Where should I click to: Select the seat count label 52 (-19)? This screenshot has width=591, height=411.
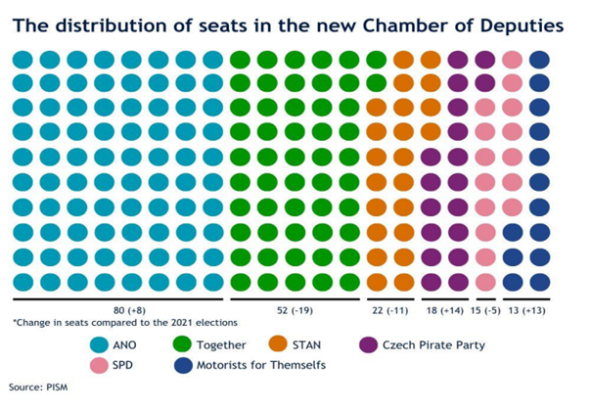(x=296, y=309)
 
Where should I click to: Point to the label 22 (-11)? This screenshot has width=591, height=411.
(x=388, y=309)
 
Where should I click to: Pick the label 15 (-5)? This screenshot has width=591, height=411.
(x=496, y=309)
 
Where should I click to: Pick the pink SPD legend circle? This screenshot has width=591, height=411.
(x=101, y=364)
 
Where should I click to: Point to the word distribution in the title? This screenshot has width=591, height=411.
(x=126, y=23)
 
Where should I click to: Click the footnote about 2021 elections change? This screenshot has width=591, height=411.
(x=126, y=322)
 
